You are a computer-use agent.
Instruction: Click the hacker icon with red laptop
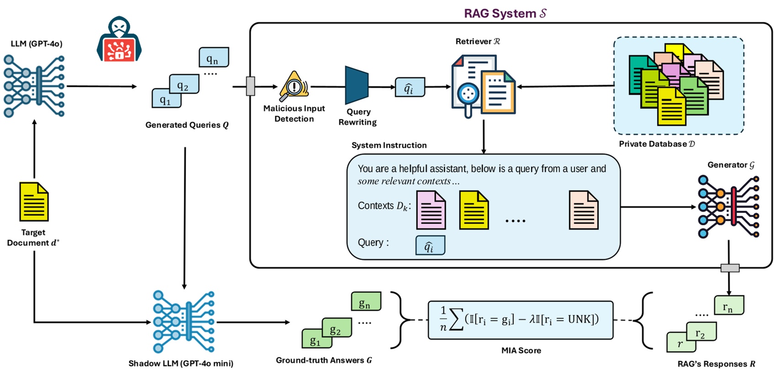pos(119,40)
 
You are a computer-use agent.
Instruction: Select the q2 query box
pos(184,85)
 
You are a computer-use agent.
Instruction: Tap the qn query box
pos(214,58)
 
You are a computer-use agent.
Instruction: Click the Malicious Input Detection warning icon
pos(294,86)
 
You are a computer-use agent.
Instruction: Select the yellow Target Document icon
pos(34,202)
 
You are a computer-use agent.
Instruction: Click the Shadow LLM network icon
pos(183,322)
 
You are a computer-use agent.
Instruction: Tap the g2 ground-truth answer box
pos(336,328)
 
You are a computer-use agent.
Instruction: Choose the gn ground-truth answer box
pos(366,302)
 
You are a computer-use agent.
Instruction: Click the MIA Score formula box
pos(520,320)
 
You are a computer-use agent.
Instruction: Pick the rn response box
pos(729,305)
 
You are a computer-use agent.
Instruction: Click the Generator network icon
pos(728,207)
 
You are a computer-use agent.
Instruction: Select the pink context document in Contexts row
pos(431,210)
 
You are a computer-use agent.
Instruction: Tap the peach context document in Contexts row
pos(583,210)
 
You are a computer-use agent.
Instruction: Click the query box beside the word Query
pos(430,245)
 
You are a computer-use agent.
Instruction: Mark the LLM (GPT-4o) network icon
pos(34,86)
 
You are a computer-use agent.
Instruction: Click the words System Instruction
pos(389,145)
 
